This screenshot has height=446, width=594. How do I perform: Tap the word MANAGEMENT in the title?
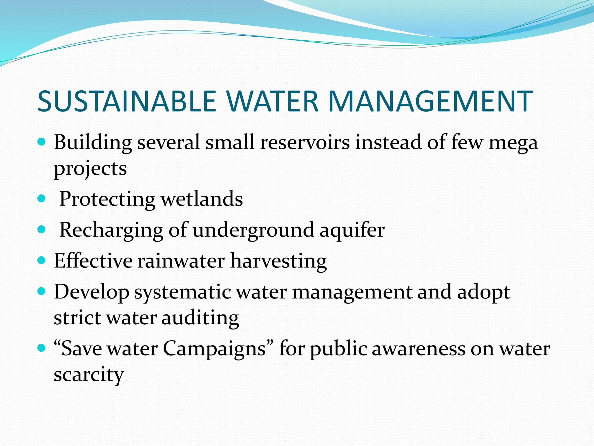[x=430, y=101]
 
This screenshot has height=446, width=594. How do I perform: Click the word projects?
[x=90, y=168]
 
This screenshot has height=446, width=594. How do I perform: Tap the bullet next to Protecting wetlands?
[x=42, y=199]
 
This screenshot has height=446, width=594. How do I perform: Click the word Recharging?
[x=111, y=230]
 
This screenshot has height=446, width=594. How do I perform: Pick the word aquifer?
[x=352, y=230]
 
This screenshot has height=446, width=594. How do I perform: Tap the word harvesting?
[x=278, y=261]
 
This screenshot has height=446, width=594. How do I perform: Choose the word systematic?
[x=182, y=292]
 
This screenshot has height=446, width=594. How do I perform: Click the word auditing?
[x=200, y=318]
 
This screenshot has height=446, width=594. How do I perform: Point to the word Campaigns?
[x=214, y=349]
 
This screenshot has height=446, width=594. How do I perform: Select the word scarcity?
[x=89, y=375]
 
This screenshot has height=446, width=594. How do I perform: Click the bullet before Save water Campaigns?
[x=42, y=348]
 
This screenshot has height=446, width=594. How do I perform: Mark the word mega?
[x=513, y=143]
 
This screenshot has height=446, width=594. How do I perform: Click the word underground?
[x=253, y=230]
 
